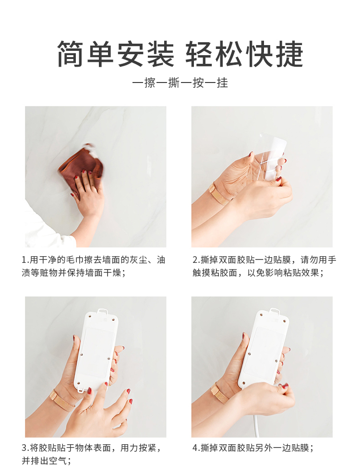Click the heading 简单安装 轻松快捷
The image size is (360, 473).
click(x=180, y=54)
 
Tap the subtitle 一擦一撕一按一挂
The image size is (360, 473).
click(x=180, y=83)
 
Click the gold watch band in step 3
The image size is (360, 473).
click(x=62, y=400)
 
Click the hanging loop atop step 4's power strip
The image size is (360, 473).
click(x=275, y=311)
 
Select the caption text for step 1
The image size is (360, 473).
click(x=93, y=266)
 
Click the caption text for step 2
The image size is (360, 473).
click(x=264, y=266)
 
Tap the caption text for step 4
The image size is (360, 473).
click(x=253, y=448)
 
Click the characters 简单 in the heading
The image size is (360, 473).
click(x=86, y=54)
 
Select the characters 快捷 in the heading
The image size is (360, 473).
click(x=275, y=54)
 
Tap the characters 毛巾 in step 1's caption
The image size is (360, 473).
click(x=84, y=260)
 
